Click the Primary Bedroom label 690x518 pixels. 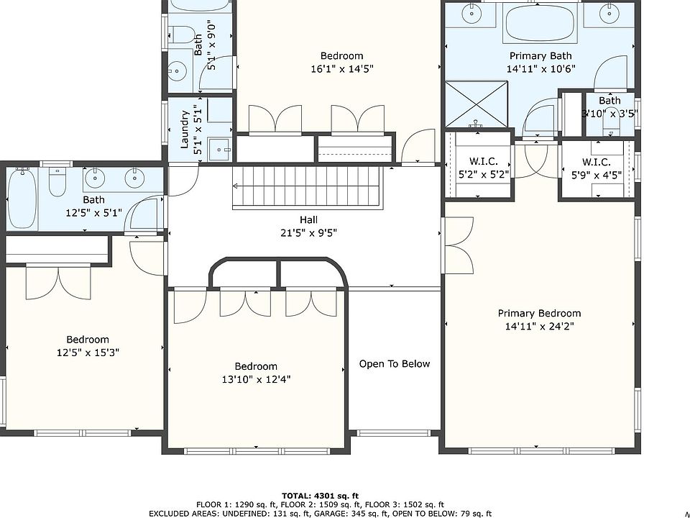tap(539, 313)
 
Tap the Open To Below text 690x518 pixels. tap(395, 364)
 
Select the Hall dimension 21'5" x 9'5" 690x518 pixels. tap(308, 232)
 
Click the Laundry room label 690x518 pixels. tap(185, 129)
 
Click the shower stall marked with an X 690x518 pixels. tap(476, 104)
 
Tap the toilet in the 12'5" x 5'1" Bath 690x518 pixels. tap(57, 182)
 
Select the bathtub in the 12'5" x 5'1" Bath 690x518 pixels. tap(22, 198)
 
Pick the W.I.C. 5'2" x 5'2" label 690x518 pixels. tap(484, 168)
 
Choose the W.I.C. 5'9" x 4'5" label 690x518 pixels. tap(597, 168)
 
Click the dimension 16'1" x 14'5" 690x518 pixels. tap(342, 69)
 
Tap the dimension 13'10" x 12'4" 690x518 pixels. tap(256, 379)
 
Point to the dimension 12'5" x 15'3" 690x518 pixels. tap(88, 353)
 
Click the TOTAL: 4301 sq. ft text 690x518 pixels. tap(321, 496)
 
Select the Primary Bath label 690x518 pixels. tap(540, 56)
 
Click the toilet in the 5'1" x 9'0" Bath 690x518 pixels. tap(182, 35)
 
